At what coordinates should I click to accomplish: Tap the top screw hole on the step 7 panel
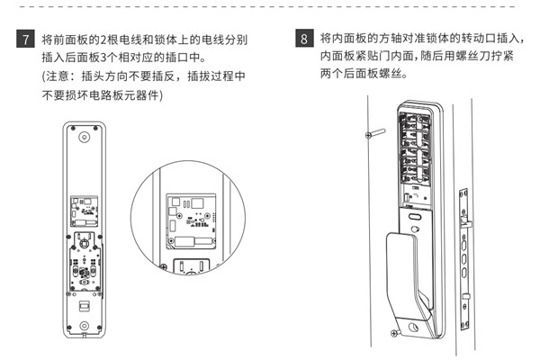[x=85, y=139]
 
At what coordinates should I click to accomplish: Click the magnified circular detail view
[x=188, y=221]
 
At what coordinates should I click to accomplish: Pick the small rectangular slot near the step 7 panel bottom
[x=84, y=306]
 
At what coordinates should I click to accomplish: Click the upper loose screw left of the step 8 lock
[x=371, y=136]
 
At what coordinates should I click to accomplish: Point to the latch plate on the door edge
[x=464, y=244]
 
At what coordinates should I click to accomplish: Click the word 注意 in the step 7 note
[x=62, y=77]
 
